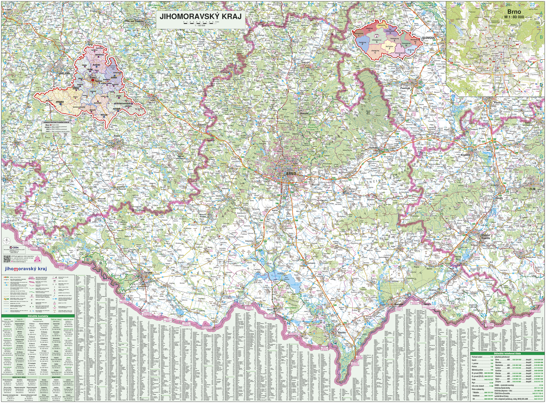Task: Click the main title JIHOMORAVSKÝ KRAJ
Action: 200,17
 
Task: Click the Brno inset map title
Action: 514,12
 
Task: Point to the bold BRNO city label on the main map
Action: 291,174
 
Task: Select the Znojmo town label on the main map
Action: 148,273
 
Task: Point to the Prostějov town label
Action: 405,88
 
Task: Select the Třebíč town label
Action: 117,136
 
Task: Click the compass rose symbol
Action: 7,241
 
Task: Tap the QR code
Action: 7,258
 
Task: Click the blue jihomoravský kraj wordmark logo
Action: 26,269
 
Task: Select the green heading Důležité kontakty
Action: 38,316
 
